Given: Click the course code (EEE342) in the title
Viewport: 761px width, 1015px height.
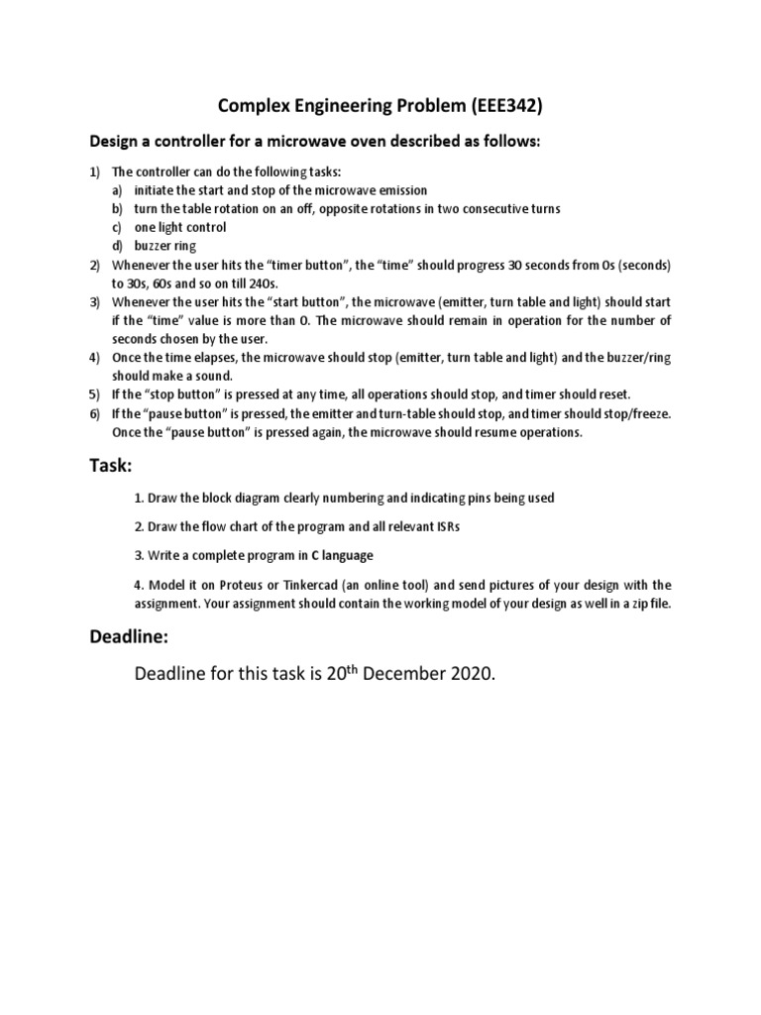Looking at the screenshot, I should point(502,108).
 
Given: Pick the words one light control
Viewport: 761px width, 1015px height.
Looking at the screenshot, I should point(180,227).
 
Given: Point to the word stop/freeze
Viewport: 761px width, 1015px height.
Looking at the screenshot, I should point(638,412).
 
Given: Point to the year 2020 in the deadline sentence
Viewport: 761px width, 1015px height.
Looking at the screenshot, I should point(463,676).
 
